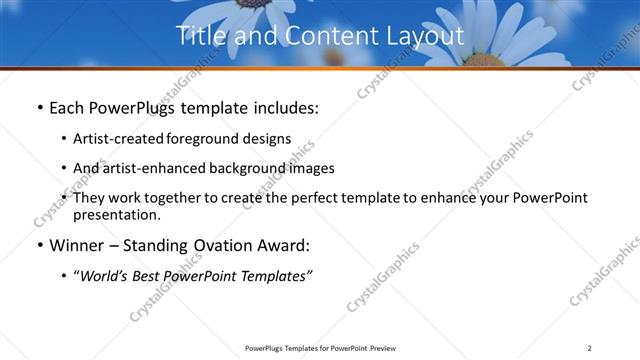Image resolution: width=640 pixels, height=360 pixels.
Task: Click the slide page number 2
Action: [x=590, y=347]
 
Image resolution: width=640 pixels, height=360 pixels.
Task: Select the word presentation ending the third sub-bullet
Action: [x=116, y=214]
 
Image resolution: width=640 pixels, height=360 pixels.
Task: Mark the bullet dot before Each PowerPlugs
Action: [x=39, y=107]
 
